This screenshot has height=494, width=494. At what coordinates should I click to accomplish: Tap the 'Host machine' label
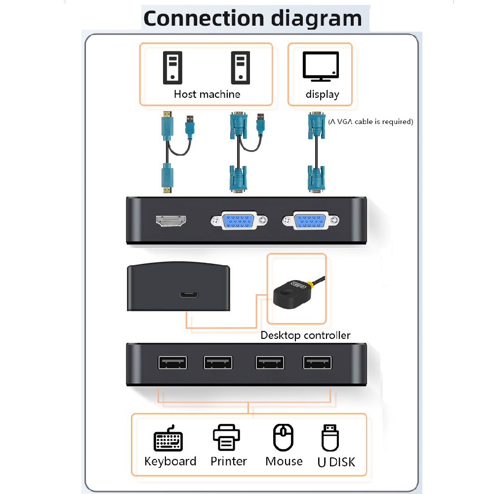(x=207, y=94)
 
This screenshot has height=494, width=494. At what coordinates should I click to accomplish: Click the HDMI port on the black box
(x=171, y=221)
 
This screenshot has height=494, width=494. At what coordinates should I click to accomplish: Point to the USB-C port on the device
(x=189, y=295)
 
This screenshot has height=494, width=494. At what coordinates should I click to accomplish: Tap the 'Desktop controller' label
(x=305, y=335)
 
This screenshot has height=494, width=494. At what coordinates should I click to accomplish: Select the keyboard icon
(x=168, y=438)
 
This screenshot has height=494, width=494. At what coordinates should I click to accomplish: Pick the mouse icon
(x=283, y=437)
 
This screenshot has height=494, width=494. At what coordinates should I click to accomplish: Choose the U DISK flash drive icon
(x=330, y=438)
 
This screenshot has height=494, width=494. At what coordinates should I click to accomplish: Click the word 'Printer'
(x=228, y=461)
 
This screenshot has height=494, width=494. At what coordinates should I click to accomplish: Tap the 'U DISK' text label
(x=336, y=462)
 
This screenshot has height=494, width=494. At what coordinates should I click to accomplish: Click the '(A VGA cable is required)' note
(x=370, y=122)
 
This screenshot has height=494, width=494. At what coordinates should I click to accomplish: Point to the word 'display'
(x=322, y=94)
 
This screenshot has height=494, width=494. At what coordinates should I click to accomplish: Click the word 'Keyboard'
(x=170, y=461)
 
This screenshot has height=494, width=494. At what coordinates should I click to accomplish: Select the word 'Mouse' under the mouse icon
(x=284, y=461)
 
